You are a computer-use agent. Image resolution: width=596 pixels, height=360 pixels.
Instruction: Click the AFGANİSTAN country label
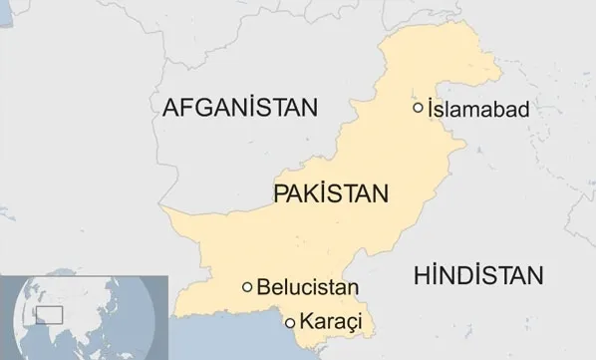(238, 107)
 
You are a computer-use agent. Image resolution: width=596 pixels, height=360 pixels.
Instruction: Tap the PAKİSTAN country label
(329, 192)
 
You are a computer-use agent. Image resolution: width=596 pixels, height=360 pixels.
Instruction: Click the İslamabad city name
(476, 108)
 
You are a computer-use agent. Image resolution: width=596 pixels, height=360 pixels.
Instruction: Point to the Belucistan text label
(306, 288)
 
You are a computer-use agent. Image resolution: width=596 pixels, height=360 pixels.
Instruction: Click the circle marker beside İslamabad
(418, 108)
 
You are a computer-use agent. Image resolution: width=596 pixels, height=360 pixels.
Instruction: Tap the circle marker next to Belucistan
(247, 287)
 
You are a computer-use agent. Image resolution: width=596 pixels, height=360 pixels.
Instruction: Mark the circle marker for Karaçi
(290, 322)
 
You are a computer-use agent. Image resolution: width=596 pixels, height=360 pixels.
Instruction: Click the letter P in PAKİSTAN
(280, 192)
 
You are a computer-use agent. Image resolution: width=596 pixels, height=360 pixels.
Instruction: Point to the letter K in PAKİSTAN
(314, 192)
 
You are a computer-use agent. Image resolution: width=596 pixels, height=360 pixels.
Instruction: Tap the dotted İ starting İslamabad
(430, 108)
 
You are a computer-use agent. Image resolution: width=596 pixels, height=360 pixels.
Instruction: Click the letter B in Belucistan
(263, 288)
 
